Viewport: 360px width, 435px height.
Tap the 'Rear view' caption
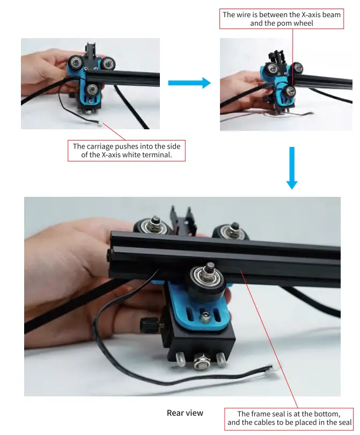pyautogui.click(x=185, y=412)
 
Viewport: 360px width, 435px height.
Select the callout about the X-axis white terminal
pyautogui.click(x=127, y=151)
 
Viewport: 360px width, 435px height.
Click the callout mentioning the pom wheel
pyautogui.click(x=281, y=19)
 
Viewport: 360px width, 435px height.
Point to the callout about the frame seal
pyautogui.click(x=289, y=418)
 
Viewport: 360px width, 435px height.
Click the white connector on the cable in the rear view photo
pyautogui.click(x=274, y=370)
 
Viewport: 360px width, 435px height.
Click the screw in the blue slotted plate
pyautogui.click(x=205, y=318)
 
